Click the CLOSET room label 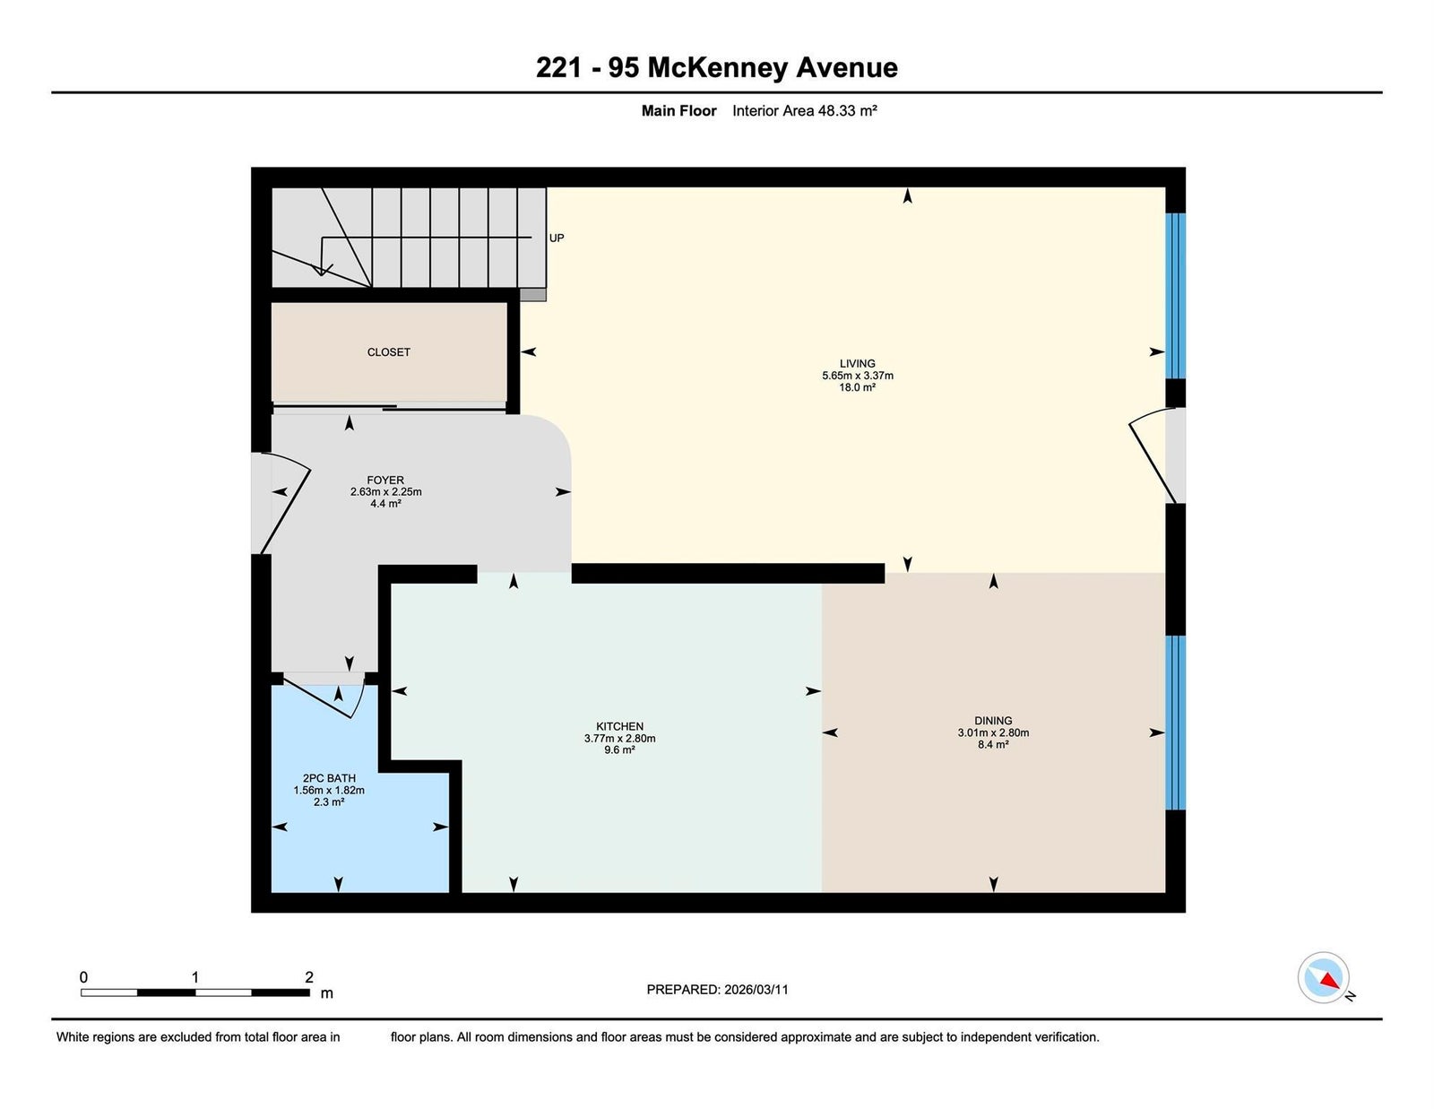pos(388,352)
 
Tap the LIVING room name pos(857,363)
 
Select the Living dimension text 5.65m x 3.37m pos(857,376)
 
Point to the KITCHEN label pos(619,726)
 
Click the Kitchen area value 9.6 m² pos(619,750)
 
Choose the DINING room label pos(993,721)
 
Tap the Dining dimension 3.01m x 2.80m pos(993,732)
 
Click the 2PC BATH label pos(329,778)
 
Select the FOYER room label pos(385,480)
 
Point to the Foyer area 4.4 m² pos(385,504)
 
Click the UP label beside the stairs pos(557,238)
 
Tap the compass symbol pos(1323,977)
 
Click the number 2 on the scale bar pos(309,977)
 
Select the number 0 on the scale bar pos(84,977)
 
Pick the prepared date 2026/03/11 pos(756,990)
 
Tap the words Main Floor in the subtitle pos(679,111)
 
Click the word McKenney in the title pos(717,68)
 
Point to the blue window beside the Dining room pos(1175,723)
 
